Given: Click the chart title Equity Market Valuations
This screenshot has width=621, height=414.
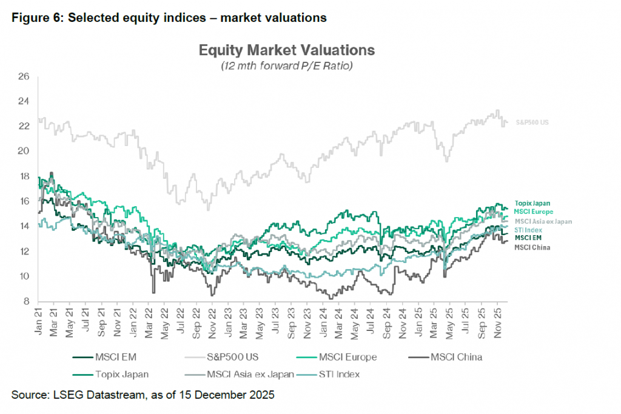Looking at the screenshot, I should (x=287, y=50).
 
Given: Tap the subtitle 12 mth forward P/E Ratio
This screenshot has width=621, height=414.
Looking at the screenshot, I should (x=287, y=65).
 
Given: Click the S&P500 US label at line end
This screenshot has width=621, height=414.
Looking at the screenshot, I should (x=531, y=123).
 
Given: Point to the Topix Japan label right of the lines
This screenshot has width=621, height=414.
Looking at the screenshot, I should (x=532, y=203).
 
